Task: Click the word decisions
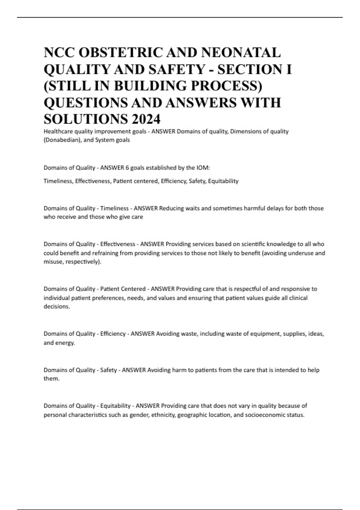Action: coord(56,307)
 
